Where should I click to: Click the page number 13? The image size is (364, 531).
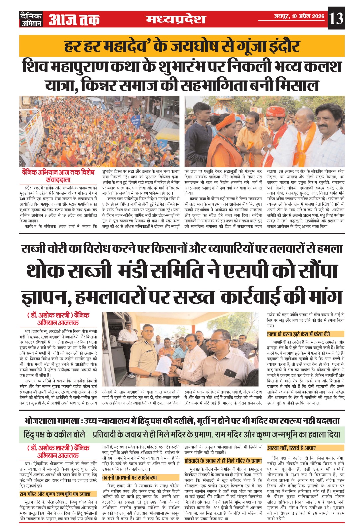pyautogui.click(x=336, y=18)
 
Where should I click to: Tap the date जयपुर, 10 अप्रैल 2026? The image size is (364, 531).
pyautogui.click(x=299, y=16)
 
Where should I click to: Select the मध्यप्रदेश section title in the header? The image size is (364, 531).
pyautogui.click(x=176, y=19)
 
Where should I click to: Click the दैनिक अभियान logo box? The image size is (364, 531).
pyautogui.click(x=31, y=19)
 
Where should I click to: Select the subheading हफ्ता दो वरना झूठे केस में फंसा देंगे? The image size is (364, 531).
pyautogui.click(x=299, y=334)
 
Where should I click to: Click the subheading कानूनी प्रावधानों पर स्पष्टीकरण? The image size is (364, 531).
pyautogui.click(x=129, y=477)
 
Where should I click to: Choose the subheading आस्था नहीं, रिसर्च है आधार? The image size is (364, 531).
pyautogui.click(x=291, y=448)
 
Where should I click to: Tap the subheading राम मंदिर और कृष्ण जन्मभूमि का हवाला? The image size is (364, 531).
pyautogui.click(x=55, y=494)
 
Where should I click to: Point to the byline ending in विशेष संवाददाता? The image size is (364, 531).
pyautogui.click(x=58, y=176)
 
